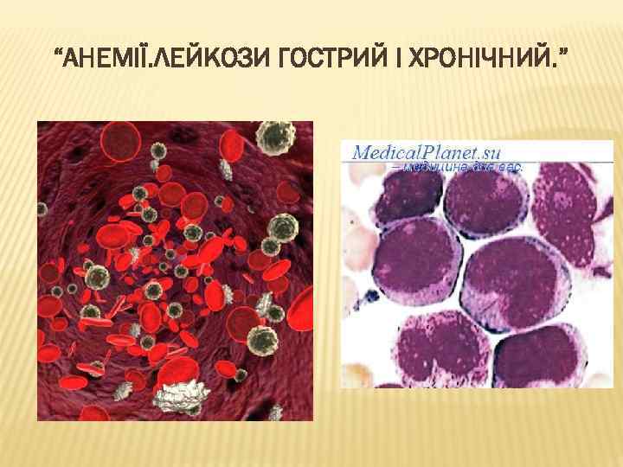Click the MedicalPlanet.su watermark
427,152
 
